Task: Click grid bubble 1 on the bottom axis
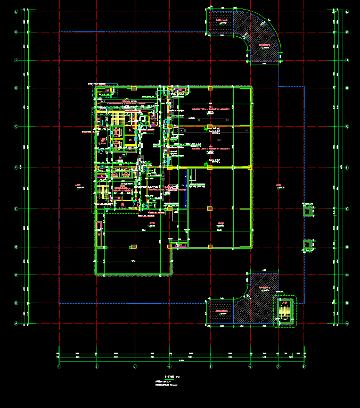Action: [59, 366]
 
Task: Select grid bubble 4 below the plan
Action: [169, 366]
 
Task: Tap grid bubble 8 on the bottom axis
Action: [304, 366]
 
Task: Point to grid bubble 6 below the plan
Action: [250, 366]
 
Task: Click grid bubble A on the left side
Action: [16, 323]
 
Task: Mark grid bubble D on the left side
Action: [16, 247]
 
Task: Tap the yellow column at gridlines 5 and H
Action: [210, 88]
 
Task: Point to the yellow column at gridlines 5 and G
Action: [210, 127]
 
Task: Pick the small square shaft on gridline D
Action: [307, 245]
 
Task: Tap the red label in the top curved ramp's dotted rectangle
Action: [221, 21]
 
